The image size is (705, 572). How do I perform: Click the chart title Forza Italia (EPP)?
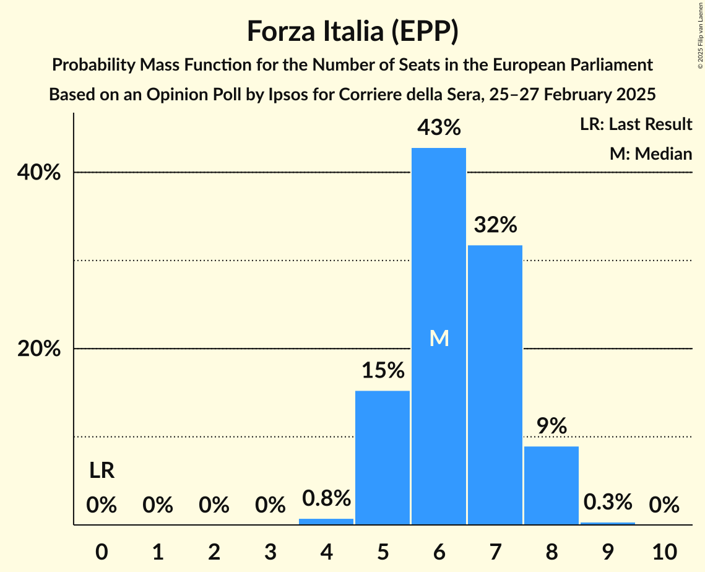352,32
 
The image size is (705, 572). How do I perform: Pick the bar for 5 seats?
383,457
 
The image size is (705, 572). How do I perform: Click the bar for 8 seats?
551,485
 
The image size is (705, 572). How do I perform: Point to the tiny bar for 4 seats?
326,522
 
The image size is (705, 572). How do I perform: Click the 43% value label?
439,128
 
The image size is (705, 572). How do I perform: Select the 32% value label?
495,225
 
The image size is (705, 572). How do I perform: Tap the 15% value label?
383,371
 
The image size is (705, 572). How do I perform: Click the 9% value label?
551,426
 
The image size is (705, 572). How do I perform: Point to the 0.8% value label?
326,498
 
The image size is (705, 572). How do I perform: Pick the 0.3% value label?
608,501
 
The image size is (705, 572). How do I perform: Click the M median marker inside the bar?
439,338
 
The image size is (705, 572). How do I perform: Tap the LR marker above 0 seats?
102,471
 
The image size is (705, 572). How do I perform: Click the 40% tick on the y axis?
39,173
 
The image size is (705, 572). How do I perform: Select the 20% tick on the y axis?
39,349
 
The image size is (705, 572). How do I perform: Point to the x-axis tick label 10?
664,550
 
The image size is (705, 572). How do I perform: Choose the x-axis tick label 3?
270,550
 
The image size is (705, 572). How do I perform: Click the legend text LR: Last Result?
636,124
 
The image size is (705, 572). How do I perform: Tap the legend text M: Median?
651,154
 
